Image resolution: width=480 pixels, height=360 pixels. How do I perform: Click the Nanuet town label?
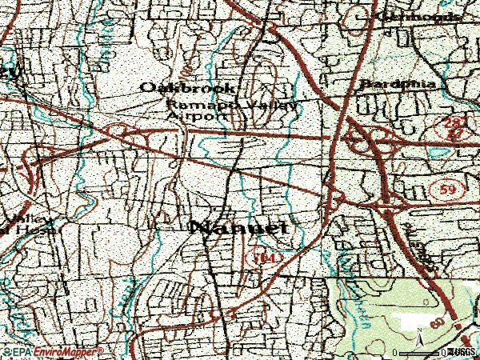coord(238,228)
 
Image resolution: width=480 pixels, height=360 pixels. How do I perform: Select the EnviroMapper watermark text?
coord(67,351)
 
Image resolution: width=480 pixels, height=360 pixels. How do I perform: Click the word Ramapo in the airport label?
coord(190,104)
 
